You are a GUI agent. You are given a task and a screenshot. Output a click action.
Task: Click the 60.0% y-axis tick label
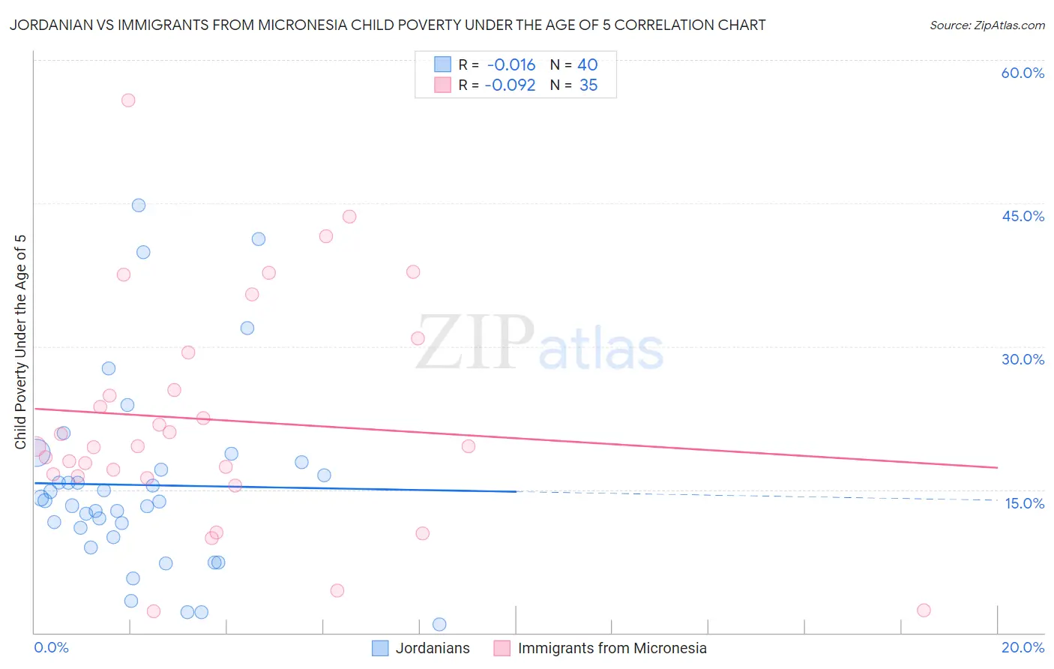[1023, 73]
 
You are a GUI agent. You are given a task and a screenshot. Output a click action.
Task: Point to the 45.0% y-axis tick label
[1023, 216]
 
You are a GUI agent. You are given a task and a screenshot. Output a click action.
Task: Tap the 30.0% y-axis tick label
[1023, 359]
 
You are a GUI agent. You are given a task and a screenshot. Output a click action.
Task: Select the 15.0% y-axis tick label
[1024, 503]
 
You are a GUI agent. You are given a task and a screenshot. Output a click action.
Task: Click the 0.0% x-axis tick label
[51, 647]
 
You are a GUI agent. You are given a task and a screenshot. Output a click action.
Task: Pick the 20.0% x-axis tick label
[1023, 647]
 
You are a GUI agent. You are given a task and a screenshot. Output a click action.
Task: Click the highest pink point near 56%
[128, 100]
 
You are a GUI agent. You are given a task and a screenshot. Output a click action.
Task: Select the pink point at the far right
[924, 610]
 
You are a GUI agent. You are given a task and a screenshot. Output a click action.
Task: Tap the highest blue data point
[139, 205]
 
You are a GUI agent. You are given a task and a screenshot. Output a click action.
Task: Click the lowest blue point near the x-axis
[439, 625]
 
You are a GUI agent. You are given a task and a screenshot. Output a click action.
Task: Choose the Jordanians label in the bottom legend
[433, 648]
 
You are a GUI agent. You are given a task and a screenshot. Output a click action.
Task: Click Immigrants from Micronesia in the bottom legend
[612, 648]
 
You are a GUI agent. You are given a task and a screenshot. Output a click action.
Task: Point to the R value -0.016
[511, 65]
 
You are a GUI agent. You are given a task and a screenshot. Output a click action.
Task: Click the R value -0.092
[510, 85]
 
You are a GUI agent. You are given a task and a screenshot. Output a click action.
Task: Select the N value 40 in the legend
[587, 65]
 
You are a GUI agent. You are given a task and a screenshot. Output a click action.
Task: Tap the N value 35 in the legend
[588, 85]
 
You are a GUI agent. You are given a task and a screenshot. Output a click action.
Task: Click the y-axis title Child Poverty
[20, 342]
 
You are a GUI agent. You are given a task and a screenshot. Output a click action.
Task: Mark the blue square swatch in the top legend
[443, 64]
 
